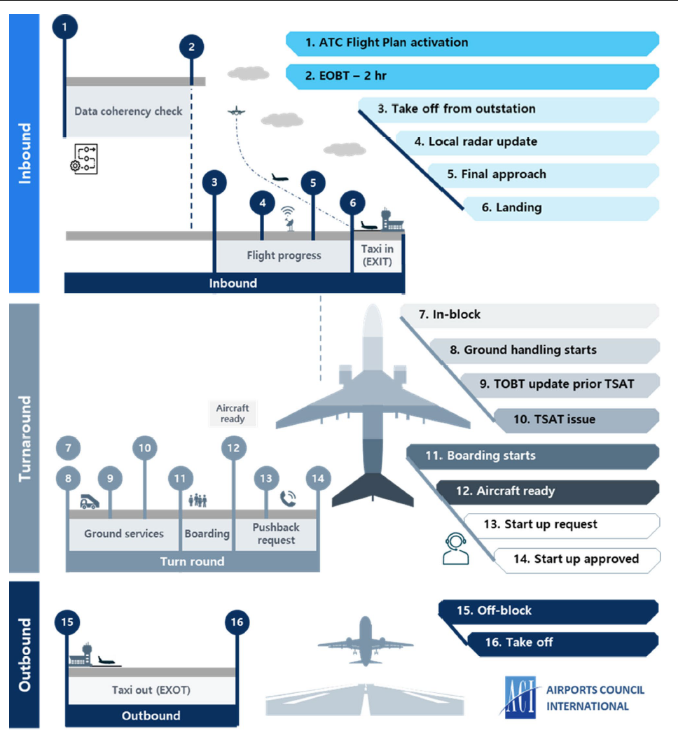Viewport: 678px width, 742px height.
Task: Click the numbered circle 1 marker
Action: tap(64, 27)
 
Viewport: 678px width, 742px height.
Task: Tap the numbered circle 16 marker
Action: tap(237, 621)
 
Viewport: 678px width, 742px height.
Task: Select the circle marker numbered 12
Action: tap(233, 447)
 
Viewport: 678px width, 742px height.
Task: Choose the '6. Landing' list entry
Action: tap(560, 208)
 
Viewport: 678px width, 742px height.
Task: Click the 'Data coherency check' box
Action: tap(128, 111)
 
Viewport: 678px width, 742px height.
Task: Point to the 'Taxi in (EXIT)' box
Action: tap(378, 256)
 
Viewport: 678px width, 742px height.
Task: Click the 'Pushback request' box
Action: tap(276, 534)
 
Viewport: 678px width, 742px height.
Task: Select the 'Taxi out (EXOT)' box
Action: tap(151, 690)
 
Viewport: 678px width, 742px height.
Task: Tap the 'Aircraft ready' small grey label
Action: tap(233, 414)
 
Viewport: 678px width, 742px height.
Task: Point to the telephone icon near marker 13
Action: tap(288, 498)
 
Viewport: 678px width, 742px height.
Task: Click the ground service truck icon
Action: tap(89, 501)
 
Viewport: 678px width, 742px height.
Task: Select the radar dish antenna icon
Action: tap(289, 216)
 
